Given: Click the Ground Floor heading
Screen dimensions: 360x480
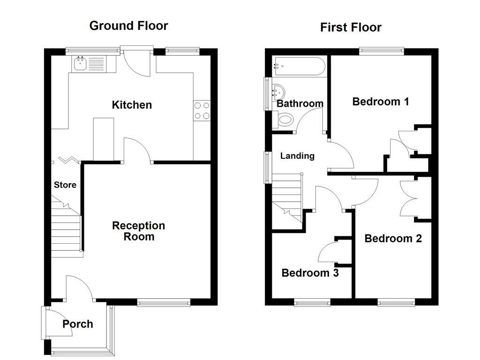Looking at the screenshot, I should click(128, 25).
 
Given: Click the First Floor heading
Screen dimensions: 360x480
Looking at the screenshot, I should click(351, 27).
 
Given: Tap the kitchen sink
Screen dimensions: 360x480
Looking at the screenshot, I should click(81, 63).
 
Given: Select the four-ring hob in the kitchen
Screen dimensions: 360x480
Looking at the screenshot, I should click(202, 111).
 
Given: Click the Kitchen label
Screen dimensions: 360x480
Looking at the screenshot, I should click(132, 105).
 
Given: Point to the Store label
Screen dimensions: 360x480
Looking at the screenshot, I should click(65, 185).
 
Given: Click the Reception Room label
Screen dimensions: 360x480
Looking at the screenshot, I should click(139, 231).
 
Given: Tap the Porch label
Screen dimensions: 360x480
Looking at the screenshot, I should click(78, 324).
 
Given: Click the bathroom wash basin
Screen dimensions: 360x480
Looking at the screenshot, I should click(280, 91).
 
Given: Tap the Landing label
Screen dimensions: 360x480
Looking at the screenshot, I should click(297, 156).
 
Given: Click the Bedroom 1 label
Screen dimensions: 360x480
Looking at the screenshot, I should click(381, 101).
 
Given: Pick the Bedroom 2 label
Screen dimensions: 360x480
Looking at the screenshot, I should click(393, 238).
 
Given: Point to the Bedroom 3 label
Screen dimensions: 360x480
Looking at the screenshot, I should click(310, 272).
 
